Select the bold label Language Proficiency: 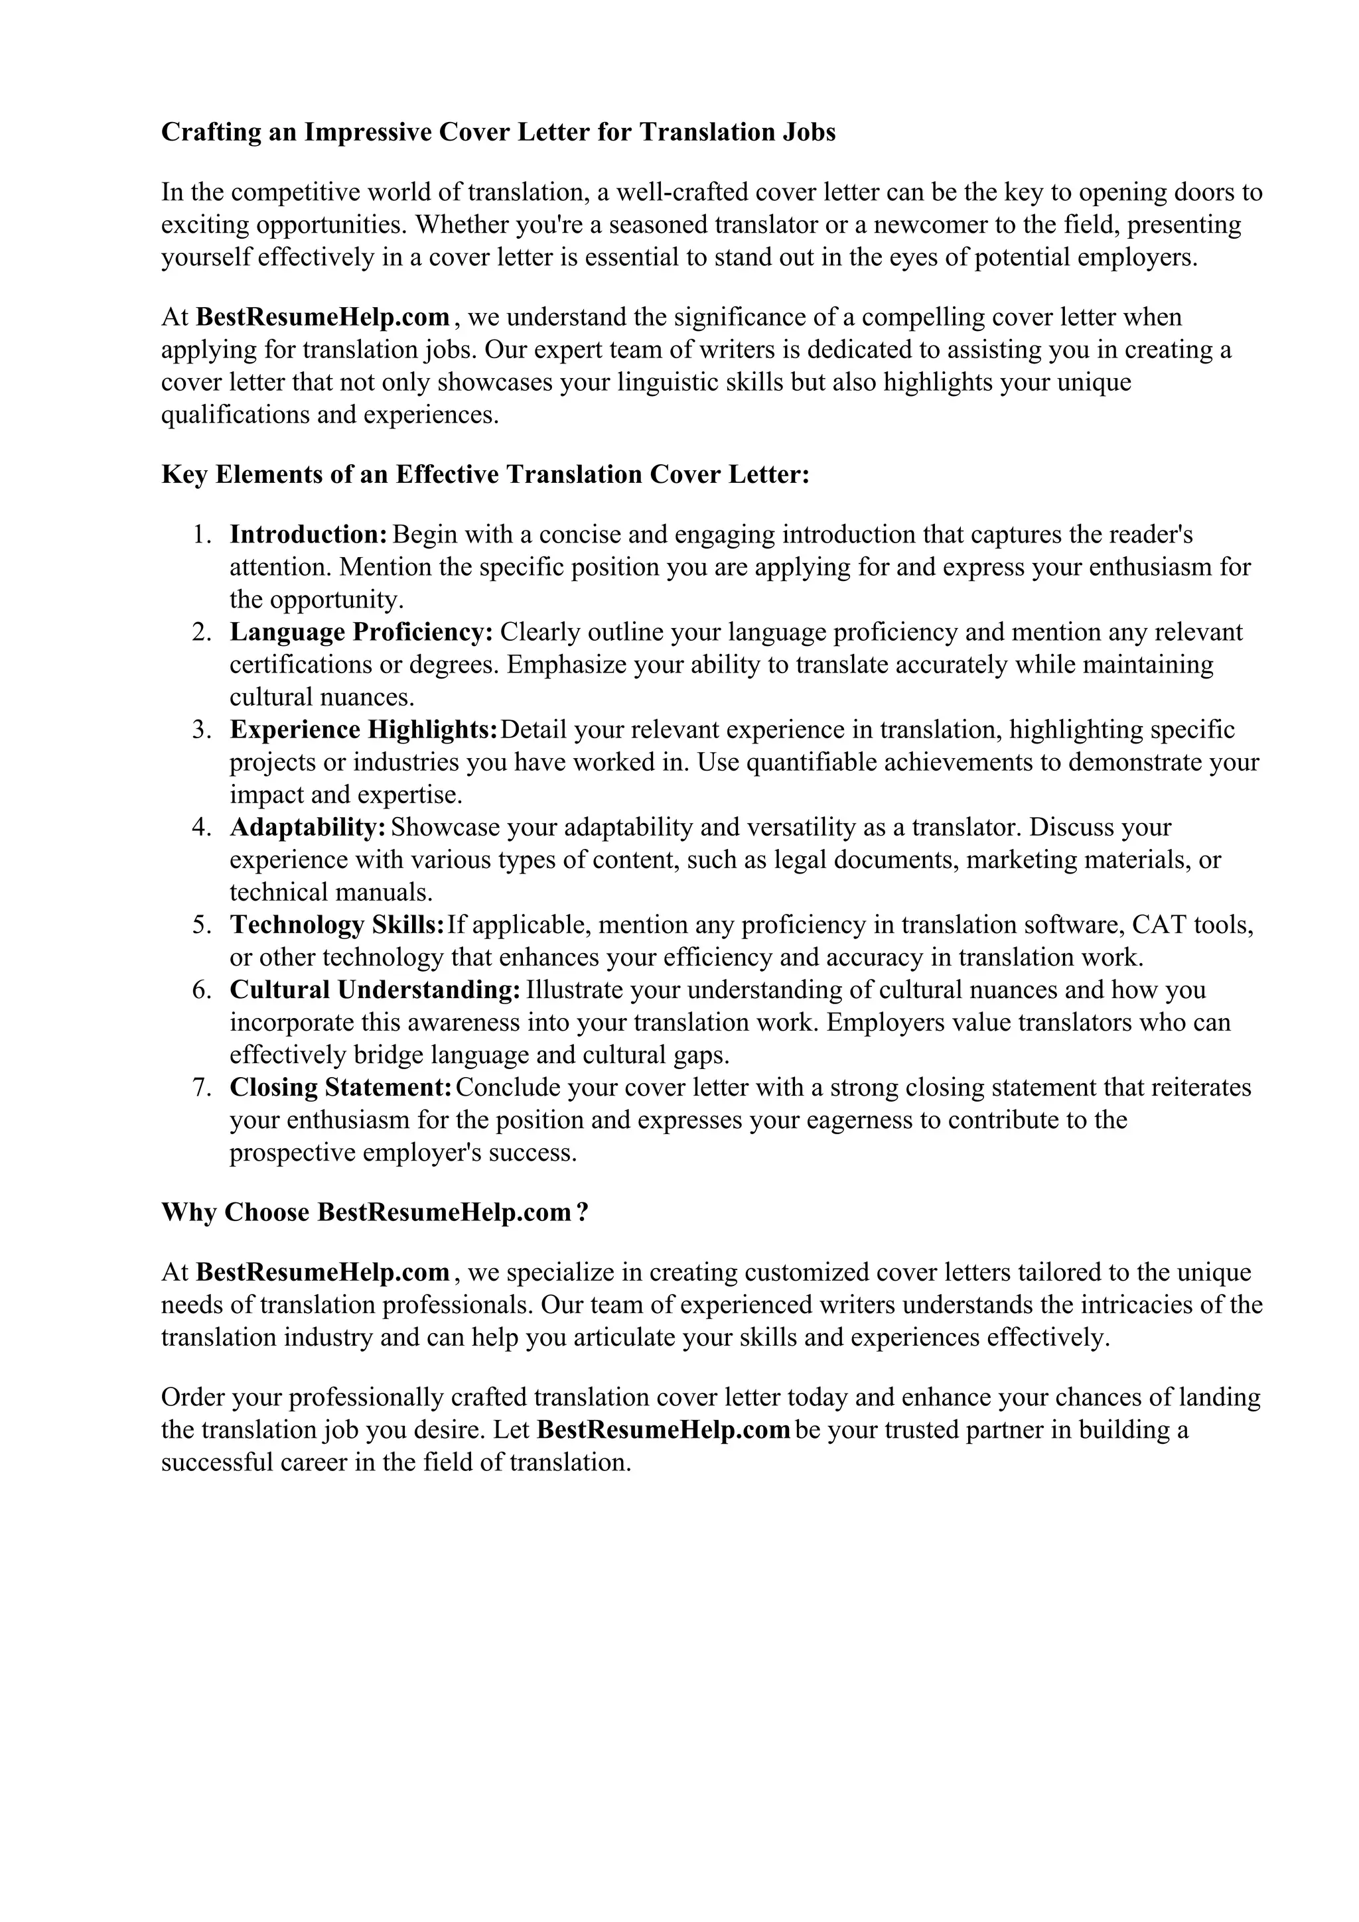(x=362, y=632)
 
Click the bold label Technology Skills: (x=336, y=925)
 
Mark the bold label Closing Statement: (x=342, y=1088)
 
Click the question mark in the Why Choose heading (x=583, y=1213)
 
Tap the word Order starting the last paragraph (x=192, y=1397)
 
